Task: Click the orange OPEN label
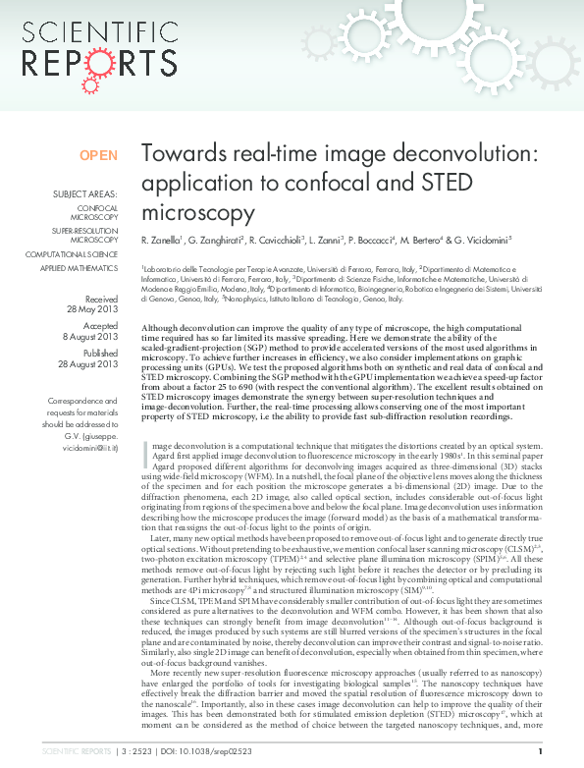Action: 98,155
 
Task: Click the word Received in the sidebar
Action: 101,299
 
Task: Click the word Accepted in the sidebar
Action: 101,326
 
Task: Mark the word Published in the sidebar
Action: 100,354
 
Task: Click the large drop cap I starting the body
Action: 147,452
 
